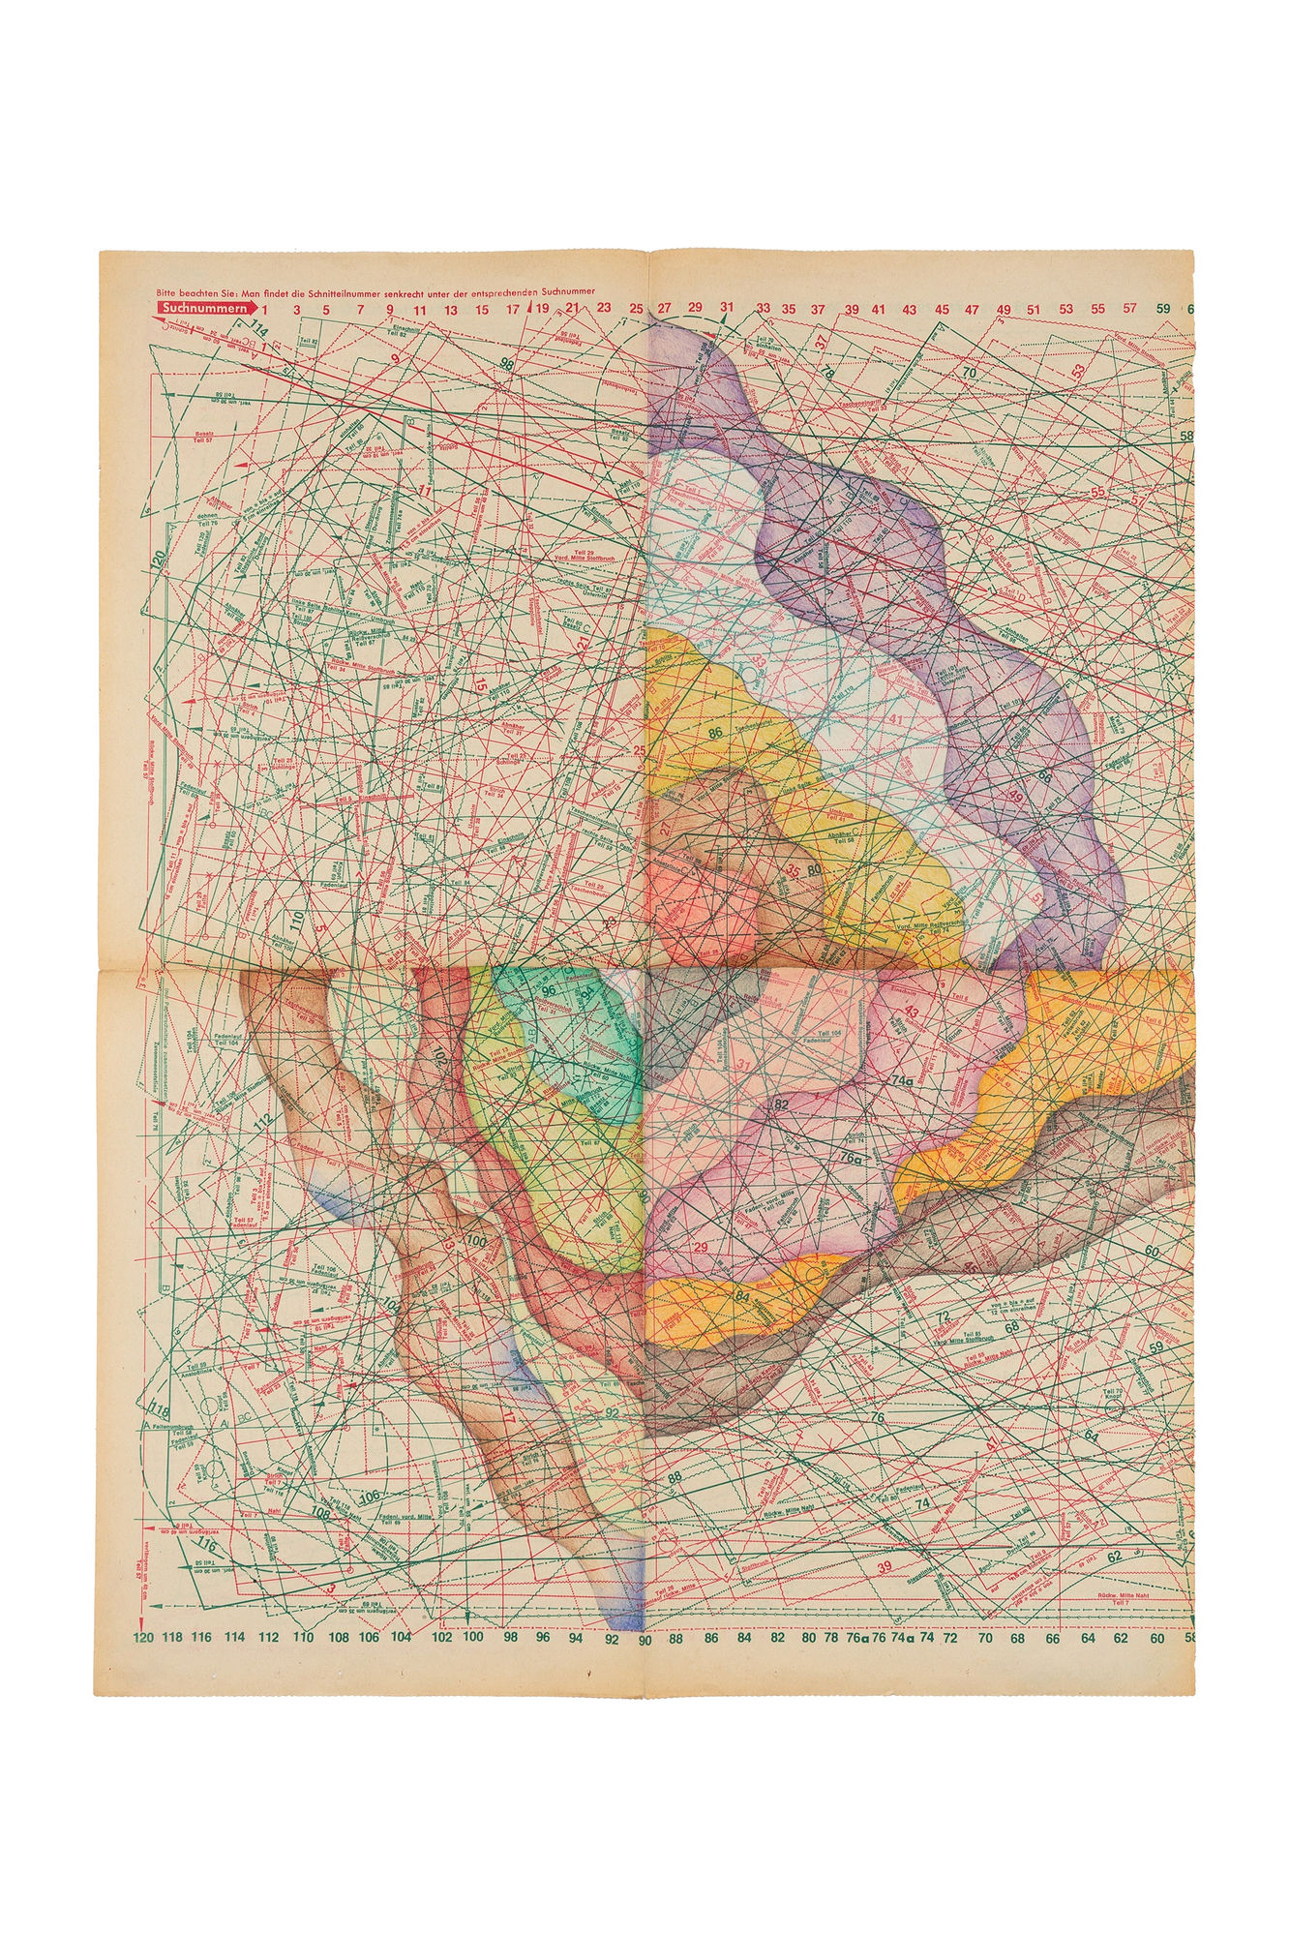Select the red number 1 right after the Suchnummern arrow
tap(265, 310)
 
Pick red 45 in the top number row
tap(941, 310)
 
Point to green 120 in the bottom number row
tap(142, 1638)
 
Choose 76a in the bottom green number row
tap(855, 1638)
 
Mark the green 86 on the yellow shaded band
tap(717, 733)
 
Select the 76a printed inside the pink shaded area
tap(851, 1157)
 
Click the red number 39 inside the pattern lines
tap(884, 1566)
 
